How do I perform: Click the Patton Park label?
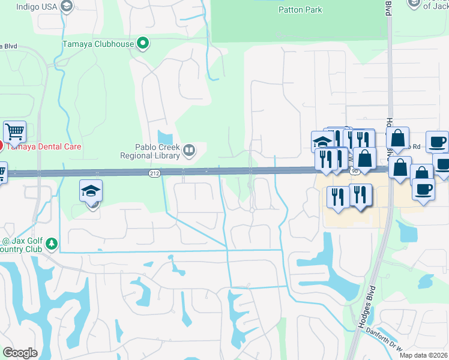(300, 10)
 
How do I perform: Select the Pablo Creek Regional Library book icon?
(189, 150)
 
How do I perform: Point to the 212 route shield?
(154, 173)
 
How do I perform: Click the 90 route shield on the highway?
(355, 172)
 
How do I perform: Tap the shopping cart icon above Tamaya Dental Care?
(14, 130)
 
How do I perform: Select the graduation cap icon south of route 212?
(91, 190)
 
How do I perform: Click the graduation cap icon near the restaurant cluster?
(322, 142)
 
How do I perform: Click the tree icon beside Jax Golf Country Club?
(52, 244)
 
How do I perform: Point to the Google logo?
(20, 353)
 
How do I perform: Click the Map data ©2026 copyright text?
(424, 355)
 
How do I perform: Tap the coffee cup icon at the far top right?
(436, 142)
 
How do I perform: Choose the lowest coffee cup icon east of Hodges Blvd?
(423, 188)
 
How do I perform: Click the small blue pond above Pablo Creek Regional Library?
(164, 138)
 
